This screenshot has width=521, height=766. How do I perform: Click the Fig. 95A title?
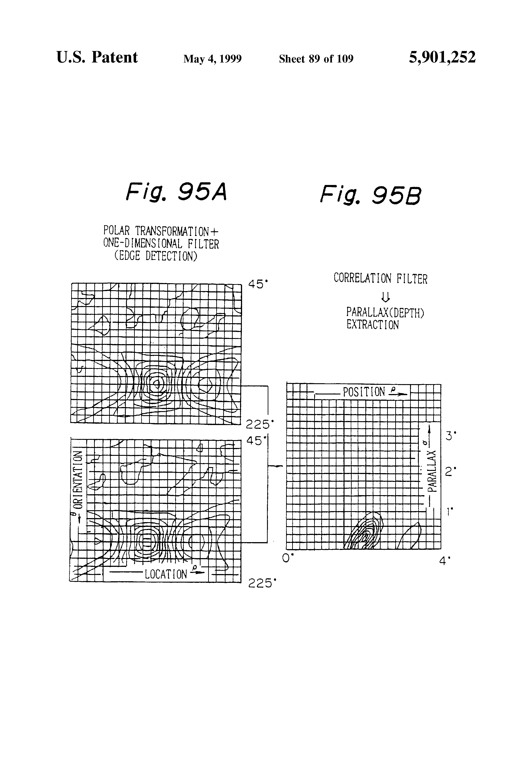pos(176,192)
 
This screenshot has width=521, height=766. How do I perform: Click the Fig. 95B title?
pos(371,195)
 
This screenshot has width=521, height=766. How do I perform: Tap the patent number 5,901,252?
pos(442,57)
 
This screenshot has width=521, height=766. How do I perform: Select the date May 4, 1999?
pos(212,59)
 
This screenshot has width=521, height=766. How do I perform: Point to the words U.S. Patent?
pos(97,57)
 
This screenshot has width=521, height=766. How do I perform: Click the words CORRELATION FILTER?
pos(380,278)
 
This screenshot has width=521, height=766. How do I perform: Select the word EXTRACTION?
pos(373,325)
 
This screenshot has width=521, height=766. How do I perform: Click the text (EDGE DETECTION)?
pos(155,256)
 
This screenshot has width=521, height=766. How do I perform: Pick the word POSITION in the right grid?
pos(364,392)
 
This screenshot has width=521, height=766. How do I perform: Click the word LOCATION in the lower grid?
pos(166,574)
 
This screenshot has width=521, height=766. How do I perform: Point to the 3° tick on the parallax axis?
pos(450,436)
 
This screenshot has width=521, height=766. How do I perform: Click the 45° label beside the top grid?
pos(258,284)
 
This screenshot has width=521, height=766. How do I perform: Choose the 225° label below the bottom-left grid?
pos(261,583)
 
